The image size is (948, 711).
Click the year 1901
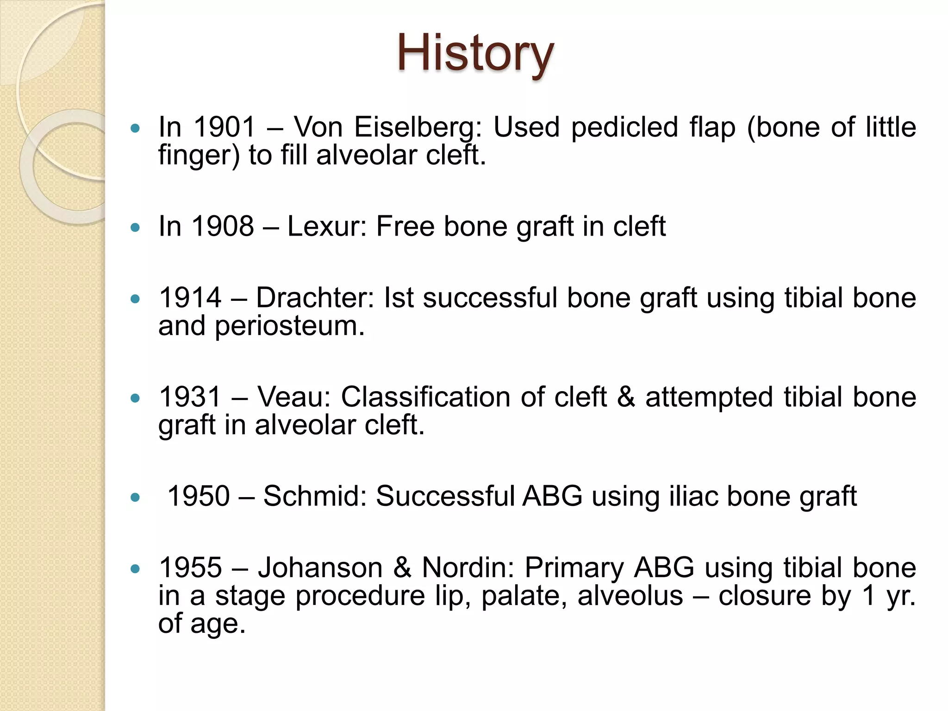pyautogui.click(x=224, y=127)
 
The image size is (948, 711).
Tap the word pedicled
pyautogui.click(x=624, y=127)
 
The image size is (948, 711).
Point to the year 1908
pyautogui.click(x=223, y=226)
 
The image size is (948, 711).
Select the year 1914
pyautogui.click(x=190, y=298)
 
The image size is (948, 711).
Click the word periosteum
pyautogui.click(x=290, y=326)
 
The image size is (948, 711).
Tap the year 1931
pyautogui.click(x=190, y=397)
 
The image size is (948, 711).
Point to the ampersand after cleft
pyautogui.click(x=626, y=397)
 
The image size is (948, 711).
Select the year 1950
pyautogui.click(x=198, y=496)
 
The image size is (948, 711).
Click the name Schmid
pyautogui.click(x=315, y=496)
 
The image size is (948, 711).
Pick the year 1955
pyautogui.click(x=190, y=568)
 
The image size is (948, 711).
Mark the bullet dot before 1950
pyautogui.click(x=135, y=498)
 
